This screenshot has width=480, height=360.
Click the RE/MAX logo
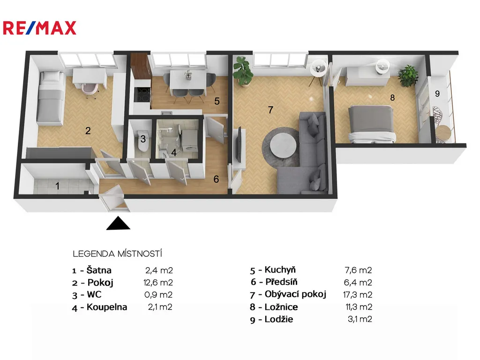point(39,28)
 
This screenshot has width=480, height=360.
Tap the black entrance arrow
point(118,223)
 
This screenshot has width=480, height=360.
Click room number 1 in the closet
point(57,186)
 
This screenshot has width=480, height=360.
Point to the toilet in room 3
point(143,141)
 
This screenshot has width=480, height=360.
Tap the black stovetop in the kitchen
point(142,94)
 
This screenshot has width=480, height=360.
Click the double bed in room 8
point(372,124)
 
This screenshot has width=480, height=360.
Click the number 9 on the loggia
point(437,93)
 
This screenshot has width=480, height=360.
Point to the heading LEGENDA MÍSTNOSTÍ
point(118,254)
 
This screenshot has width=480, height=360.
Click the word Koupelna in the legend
point(107,307)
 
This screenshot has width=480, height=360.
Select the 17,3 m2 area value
point(358,295)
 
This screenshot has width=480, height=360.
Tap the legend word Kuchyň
point(280,270)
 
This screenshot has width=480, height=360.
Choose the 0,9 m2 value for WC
point(158,295)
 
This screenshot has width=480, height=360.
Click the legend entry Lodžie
point(279,319)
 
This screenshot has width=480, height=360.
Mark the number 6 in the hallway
point(216,179)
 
